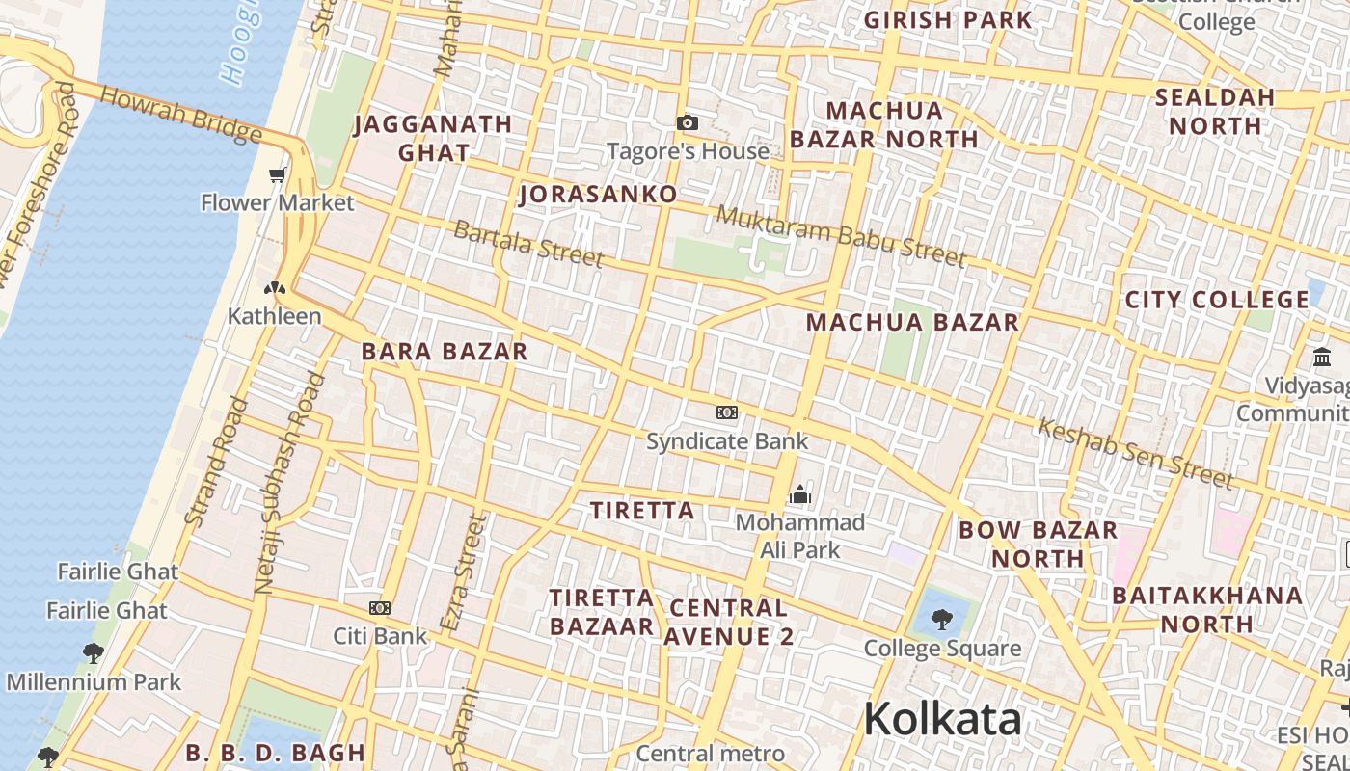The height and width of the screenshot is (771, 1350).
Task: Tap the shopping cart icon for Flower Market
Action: click(278, 174)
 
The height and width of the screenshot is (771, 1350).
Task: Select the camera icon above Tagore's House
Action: click(687, 122)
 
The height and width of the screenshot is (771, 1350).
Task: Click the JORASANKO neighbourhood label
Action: click(598, 195)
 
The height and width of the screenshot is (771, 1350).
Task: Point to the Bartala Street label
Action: click(528, 243)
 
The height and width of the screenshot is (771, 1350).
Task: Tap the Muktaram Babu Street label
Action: click(841, 235)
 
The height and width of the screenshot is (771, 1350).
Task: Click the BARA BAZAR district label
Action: click(445, 352)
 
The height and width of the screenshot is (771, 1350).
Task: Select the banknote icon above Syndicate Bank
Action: click(727, 412)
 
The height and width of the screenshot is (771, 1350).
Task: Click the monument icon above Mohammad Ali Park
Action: click(799, 494)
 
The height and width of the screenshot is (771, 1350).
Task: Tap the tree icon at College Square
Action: click(942, 619)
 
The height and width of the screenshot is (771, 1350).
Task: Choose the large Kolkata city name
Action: click(942, 720)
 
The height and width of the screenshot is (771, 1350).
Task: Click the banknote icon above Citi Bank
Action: click(380, 608)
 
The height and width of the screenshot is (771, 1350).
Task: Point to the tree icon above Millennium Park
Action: click(93, 653)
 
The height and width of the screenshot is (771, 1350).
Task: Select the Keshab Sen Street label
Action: click(1135, 453)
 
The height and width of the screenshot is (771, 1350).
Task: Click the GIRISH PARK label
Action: click(947, 19)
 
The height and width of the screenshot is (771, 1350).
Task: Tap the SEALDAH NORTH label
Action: click(1215, 111)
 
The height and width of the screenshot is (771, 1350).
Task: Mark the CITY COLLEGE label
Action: click(1217, 300)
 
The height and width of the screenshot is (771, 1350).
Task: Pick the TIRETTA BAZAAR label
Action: click(602, 612)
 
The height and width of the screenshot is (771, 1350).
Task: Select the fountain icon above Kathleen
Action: click(275, 287)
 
